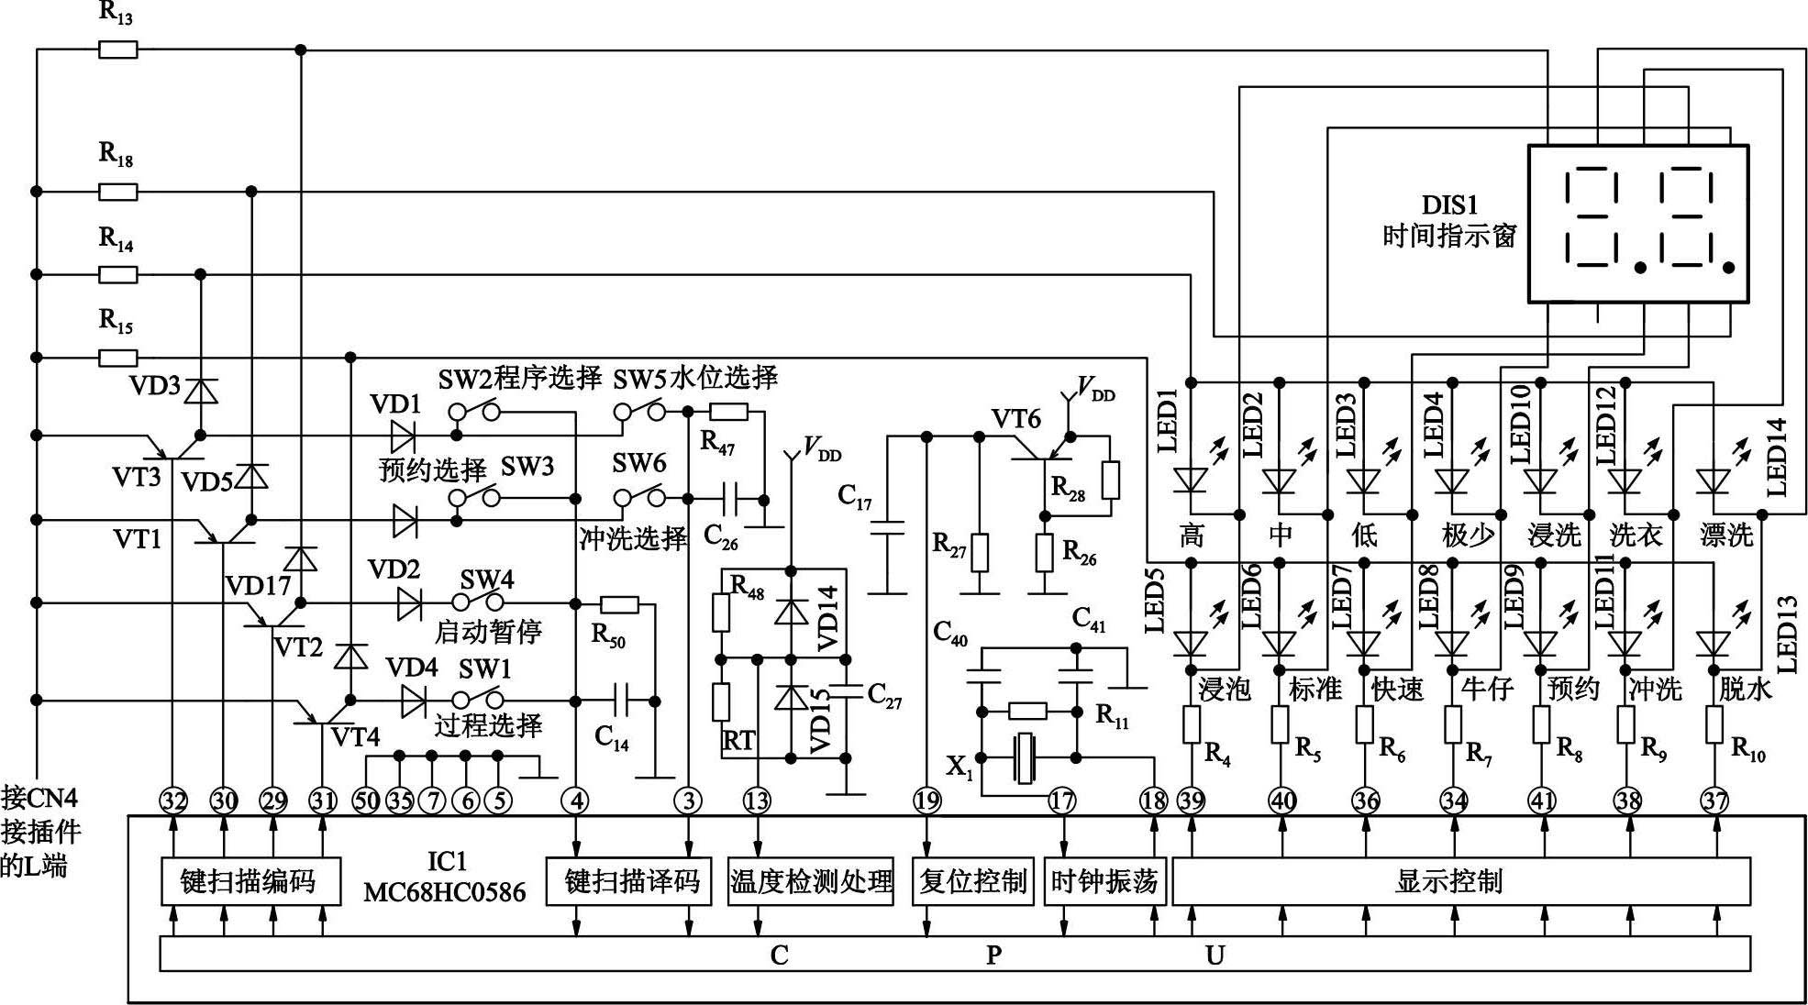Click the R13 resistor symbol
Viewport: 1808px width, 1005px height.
pyautogui.click(x=118, y=50)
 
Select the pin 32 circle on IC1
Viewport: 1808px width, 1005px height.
pyautogui.click(x=173, y=801)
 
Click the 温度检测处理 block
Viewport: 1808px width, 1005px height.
pyautogui.click(x=811, y=881)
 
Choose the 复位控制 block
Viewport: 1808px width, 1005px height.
pyautogui.click(x=973, y=881)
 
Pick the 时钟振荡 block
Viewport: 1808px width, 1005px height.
pyautogui.click(x=1104, y=881)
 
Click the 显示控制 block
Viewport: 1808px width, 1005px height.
pyautogui.click(x=1460, y=881)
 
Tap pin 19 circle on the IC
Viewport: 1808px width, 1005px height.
pyautogui.click(x=927, y=801)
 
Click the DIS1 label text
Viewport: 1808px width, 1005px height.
pyautogui.click(x=1450, y=204)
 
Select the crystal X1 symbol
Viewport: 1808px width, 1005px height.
pyautogui.click(x=1025, y=758)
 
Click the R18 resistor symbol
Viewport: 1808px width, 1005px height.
pyautogui.click(x=118, y=192)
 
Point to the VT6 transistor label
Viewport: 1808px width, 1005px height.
pyautogui.click(x=1015, y=419)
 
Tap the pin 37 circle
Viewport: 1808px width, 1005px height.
pyautogui.click(x=1714, y=801)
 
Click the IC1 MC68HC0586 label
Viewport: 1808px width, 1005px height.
pyautogui.click(x=445, y=877)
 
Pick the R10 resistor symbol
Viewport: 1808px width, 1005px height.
pyautogui.click(x=1714, y=724)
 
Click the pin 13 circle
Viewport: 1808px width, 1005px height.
pyautogui.click(x=757, y=801)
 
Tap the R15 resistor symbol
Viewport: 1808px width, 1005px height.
pyautogui.click(x=118, y=358)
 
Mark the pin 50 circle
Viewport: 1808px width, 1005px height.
pyautogui.click(x=366, y=801)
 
